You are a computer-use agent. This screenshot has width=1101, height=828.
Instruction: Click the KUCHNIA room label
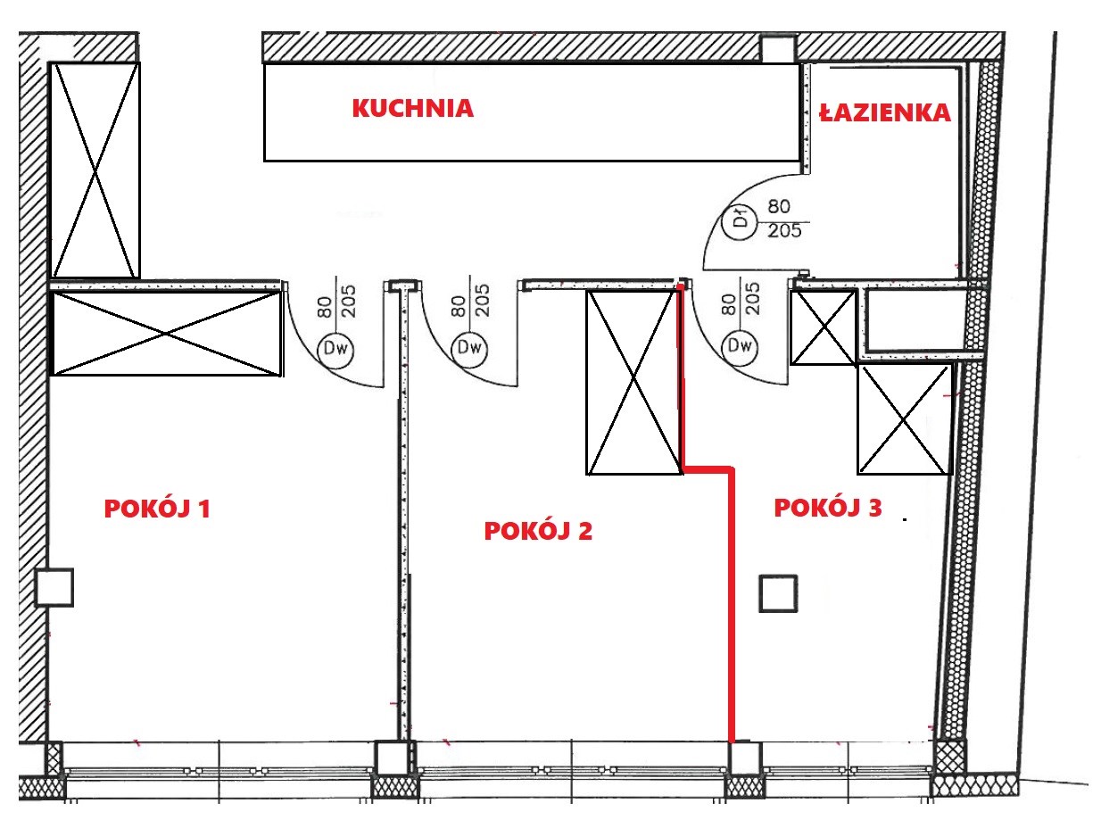(x=413, y=108)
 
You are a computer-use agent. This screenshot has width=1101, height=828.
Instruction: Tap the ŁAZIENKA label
(x=885, y=112)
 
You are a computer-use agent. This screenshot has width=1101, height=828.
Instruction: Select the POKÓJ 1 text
(x=157, y=509)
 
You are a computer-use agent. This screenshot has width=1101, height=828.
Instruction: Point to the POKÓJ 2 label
(x=538, y=531)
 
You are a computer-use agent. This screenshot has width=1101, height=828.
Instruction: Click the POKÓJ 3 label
(x=828, y=508)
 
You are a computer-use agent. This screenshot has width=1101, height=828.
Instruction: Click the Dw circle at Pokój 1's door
(x=335, y=348)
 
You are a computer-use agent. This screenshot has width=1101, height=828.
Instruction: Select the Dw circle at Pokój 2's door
(x=469, y=347)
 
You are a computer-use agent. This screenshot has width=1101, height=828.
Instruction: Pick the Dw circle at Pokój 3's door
(x=740, y=345)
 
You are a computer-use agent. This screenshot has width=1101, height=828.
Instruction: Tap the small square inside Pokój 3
(x=778, y=594)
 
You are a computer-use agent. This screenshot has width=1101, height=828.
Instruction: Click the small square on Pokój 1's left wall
(x=54, y=587)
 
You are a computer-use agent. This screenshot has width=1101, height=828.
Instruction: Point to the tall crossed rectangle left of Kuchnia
(x=95, y=170)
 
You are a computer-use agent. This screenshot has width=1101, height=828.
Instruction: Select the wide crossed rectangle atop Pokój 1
(x=167, y=334)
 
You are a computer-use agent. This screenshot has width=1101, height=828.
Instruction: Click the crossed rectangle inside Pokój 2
(x=634, y=382)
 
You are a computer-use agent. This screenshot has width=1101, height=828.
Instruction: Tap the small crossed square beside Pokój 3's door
(x=824, y=327)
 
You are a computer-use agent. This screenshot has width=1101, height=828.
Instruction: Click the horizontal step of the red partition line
(x=708, y=469)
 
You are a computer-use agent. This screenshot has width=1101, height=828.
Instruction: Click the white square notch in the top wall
(x=779, y=49)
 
